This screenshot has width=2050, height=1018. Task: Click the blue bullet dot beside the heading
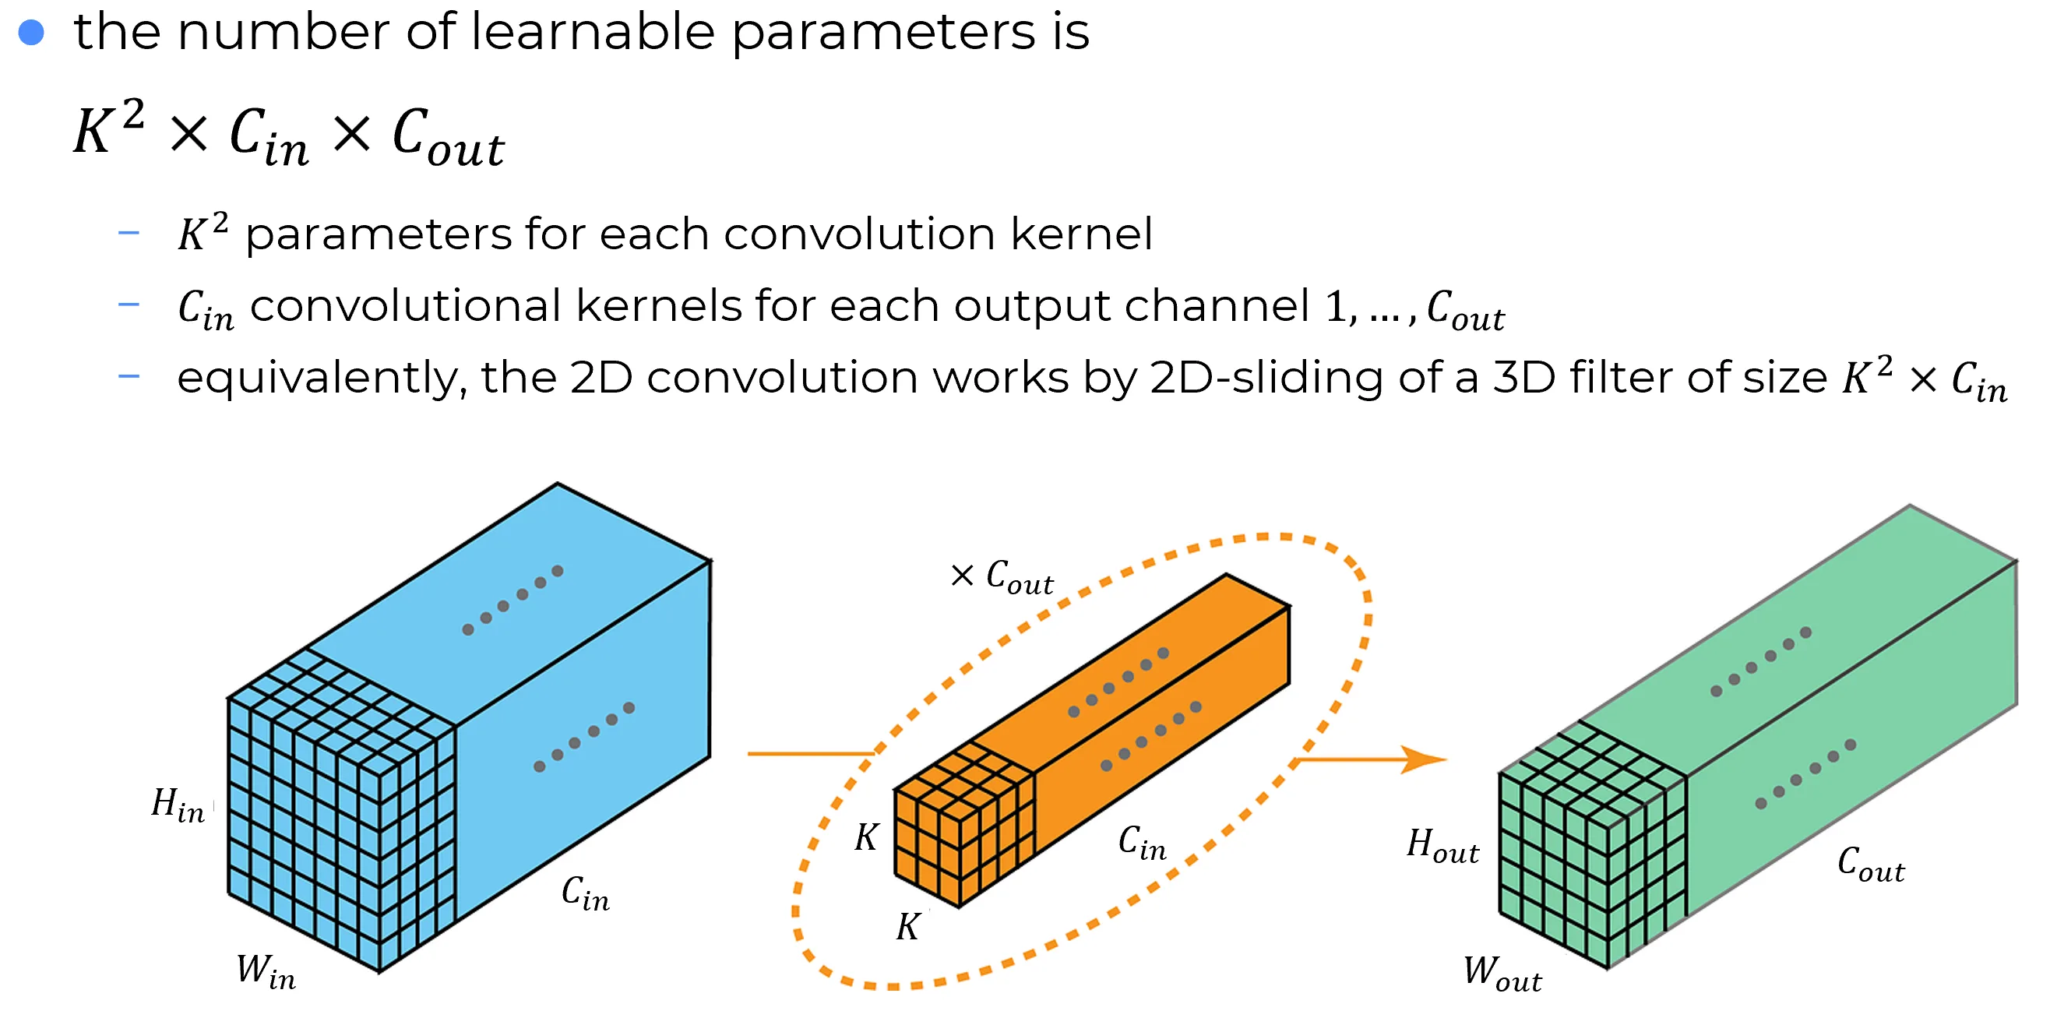pos(31,33)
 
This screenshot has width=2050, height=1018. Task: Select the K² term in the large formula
pos(108,128)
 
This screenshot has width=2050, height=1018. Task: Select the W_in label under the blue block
pos(266,972)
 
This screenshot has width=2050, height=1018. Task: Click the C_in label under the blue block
pos(585,893)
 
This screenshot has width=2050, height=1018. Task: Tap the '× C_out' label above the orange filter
pos(1002,577)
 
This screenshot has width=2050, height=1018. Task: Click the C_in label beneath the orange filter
pos(1142,843)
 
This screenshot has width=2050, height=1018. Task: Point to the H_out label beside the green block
pos(1442,845)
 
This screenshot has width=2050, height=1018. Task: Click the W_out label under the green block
pos(1502,973)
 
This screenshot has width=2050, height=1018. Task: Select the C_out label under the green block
pos(1871,864)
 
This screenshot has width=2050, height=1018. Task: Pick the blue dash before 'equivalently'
pos(129,375)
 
